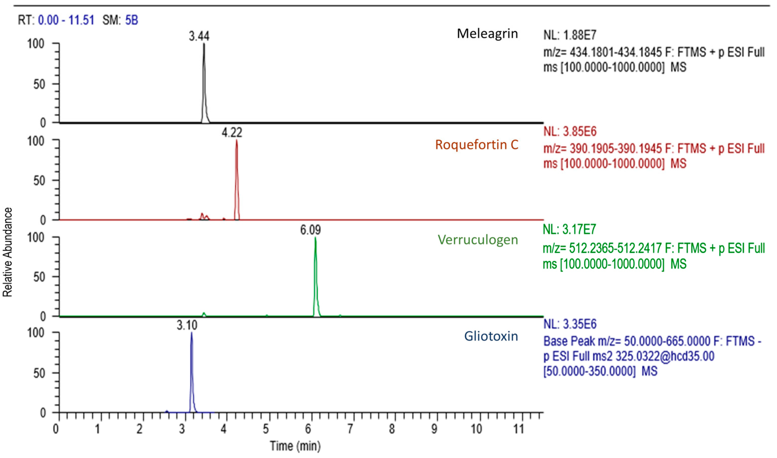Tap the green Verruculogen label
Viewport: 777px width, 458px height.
coord(477,240)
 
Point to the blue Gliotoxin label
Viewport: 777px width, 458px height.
coord(491,336)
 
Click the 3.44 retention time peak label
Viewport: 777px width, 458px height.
coord(199,36)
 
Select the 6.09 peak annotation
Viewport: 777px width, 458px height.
coord(311,230)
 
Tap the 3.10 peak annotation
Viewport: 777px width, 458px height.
coord(187,325)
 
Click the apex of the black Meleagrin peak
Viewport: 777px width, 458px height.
coord(204,44)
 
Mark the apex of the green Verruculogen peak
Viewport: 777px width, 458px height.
coord(315,238)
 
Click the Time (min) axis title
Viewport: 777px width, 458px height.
coord(295,446)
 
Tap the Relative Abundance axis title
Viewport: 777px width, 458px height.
coord(7,252)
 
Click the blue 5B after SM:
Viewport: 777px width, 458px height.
coord(131,20)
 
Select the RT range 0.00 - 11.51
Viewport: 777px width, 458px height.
coord(66,20)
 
